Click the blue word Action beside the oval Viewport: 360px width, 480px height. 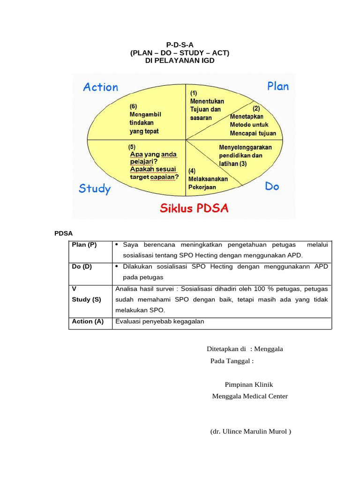pyautogui.click(x=100, y=87)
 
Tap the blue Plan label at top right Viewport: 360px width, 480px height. pyautogui.click(x=278, y=86)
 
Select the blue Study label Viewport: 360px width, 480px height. pyautogui.click(x=95, y=188)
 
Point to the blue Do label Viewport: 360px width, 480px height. pyautogui.click(x=272, y=186)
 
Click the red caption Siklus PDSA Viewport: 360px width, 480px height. pyautogui.click(x=195, y=208)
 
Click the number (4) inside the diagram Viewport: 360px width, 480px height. pyautogui.click(x=192, y=171)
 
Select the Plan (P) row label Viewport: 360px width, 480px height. pyautogui.click(x=84, y=245)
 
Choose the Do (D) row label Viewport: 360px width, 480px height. pyautogui.click(x=82, y=266)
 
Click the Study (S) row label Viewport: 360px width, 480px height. pyautogui.click(x=86, y=300)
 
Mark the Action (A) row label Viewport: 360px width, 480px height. pyautogui.click(x=88, y=322)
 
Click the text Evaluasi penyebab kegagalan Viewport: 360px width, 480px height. pyautogui.click(x=160, y=322)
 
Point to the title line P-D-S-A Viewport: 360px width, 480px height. pyautogui.click(x=180, y=45)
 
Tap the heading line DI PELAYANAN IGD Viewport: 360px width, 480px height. pyautogui.click(x=180, y=61)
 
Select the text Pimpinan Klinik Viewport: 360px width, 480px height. pyautogui.click(x=249, y=384)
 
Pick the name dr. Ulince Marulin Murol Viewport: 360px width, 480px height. pyautogui.click(x=251, y=432)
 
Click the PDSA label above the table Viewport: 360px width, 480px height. pyautogui.click(x=63, y=233)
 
